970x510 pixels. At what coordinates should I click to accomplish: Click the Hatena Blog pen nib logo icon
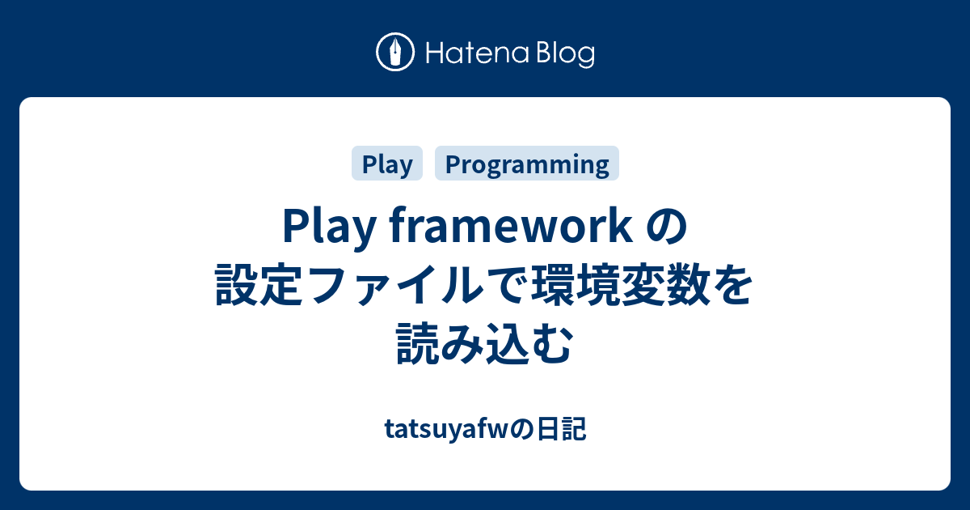tap(395, 52)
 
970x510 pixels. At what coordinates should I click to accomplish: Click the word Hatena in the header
tap(478, 53)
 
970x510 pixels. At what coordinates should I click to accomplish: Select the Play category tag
tap(386, 163)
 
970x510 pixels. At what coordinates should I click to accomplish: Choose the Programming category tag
tap(526, 163)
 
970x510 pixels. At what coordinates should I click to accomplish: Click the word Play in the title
tap(329, 227)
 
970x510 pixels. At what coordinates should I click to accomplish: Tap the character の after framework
tap(666, 227)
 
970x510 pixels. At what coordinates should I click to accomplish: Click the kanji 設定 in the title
tap(259, 284)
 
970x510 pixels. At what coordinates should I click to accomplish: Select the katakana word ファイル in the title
tap(394, 285)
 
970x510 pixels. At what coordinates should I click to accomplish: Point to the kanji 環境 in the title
tap(574, 284)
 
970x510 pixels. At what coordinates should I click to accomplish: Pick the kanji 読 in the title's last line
tap(417, 342)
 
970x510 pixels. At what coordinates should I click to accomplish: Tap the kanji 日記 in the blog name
tap(562, 430)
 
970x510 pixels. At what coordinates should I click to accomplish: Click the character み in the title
tap(462, 343)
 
